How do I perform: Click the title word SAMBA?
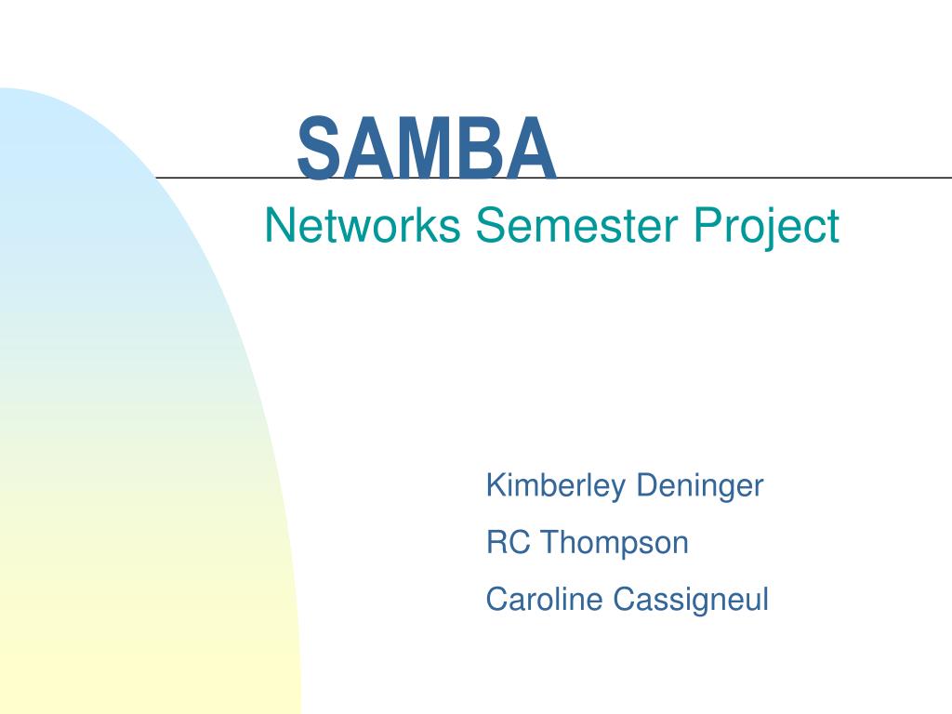tap(427, 149)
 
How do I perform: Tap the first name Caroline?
tap(545, 600)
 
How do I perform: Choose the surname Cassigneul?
tap(691, 601)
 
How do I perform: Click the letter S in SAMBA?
tap(317, 149)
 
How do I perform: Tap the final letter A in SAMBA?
tap(533, 149)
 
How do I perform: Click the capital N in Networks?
tap(276, 226)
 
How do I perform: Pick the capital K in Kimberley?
tap(495, 485)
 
